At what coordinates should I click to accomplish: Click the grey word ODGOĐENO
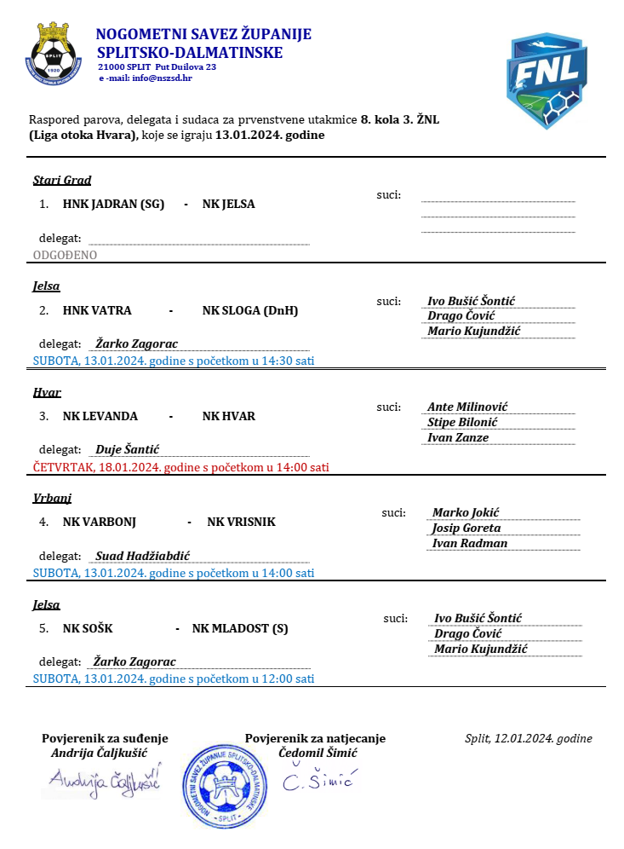(x=65, y=255)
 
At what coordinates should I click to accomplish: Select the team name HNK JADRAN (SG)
(x=113, y=205)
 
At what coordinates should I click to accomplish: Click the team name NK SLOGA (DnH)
(x=250, y=310)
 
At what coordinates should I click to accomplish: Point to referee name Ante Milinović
(x=467, y=407)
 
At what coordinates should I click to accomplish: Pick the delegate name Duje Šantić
(x=128, y=449)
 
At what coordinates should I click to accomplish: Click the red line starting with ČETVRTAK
(x=180, y=467)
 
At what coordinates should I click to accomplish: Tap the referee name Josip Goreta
(x=471, y=528)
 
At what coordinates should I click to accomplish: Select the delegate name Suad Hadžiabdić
(x=142, y=556)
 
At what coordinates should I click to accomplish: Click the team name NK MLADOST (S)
(x=240, y=629)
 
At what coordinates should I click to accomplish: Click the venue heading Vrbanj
(x=52, y=498)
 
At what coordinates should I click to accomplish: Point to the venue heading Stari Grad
(x=62, y=180)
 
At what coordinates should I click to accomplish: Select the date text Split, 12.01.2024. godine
(x=529, y=739)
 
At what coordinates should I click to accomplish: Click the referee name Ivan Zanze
(x=457, y=437)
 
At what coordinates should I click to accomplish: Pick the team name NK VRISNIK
(x=242, y=522)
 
